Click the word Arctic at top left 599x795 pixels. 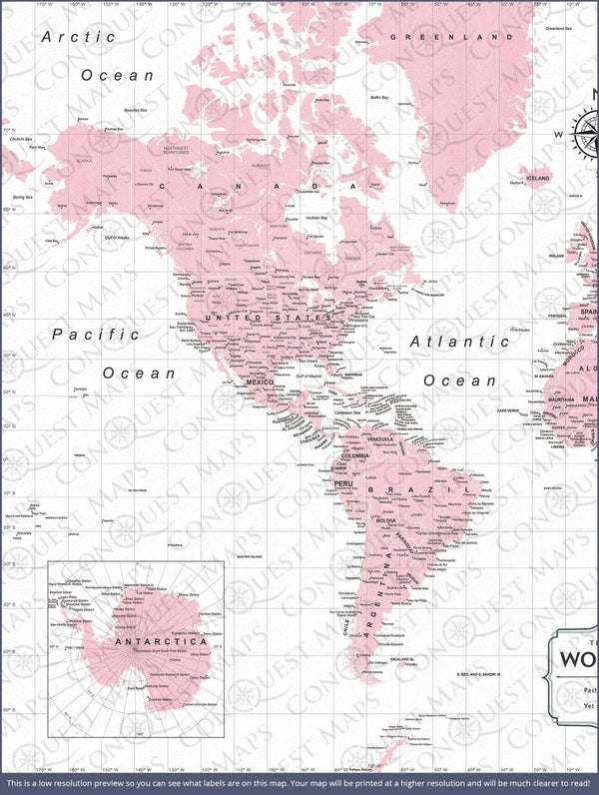(x=79, y=37)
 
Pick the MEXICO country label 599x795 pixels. (x=260, y=383)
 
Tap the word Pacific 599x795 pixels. (x=96, y=335)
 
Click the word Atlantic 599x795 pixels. (x=460, y=342)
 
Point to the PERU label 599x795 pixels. (x=344, y=483)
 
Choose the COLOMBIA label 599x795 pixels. (x=353, y=455)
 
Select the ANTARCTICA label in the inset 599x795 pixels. (x=147, y=641)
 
